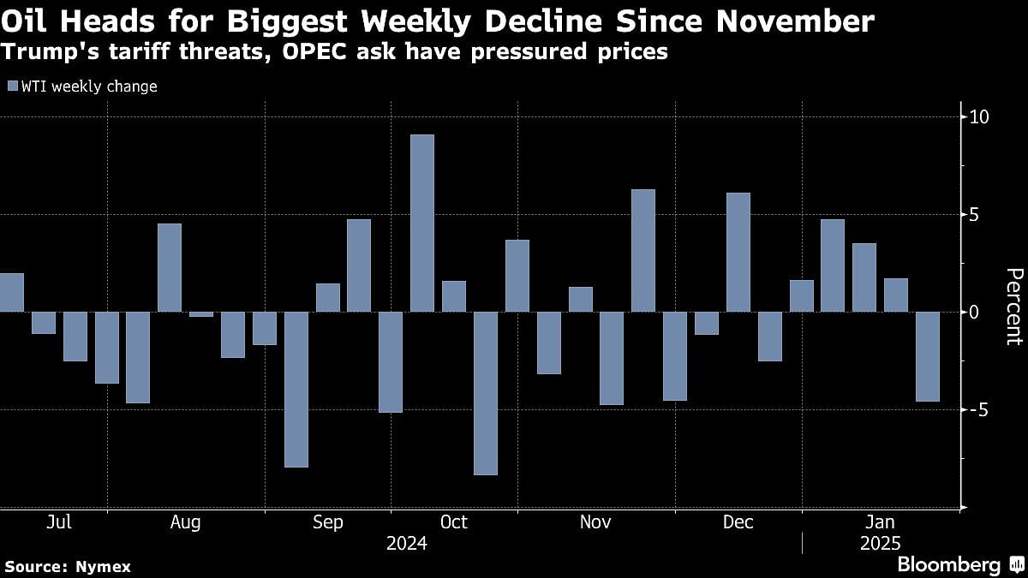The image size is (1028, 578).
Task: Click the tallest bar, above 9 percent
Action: click(x=422, y=223)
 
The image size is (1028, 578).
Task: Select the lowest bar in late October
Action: click(x=485, y=392)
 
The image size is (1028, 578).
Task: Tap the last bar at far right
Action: click(x=927, y=356)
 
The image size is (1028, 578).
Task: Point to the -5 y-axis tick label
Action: click(x=976, y=409)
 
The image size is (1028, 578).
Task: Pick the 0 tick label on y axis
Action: click(x=973, y=312)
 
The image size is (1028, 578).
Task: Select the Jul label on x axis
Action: click(x=58, y=522)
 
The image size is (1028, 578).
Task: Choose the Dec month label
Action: click(x=738, y=522)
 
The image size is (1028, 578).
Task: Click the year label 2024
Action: click(x=406, y=544)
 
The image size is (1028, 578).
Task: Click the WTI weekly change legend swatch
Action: click(x=11, y=86)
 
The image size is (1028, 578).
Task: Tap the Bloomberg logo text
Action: click(x=948, y=565)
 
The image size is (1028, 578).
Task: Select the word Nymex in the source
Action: click(x=108, y=566)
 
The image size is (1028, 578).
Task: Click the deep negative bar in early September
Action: click(x=296, y=389)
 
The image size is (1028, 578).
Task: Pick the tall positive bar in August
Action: click(x=170, y=267)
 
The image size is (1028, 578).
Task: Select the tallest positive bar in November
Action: click(x=643, y=250)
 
